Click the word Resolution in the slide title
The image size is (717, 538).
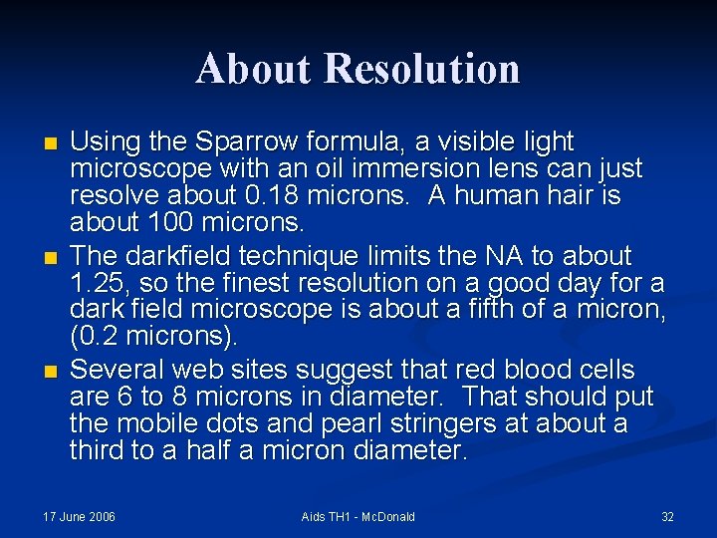pyautogui.click(x=422, y=69)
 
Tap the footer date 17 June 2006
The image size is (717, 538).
pyautogui.click(x=79, y=516)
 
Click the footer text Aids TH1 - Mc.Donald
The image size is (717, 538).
pyautogui.click(x=358, y=516)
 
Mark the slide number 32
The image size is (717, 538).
pyautogui.click(x=667, y=516)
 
